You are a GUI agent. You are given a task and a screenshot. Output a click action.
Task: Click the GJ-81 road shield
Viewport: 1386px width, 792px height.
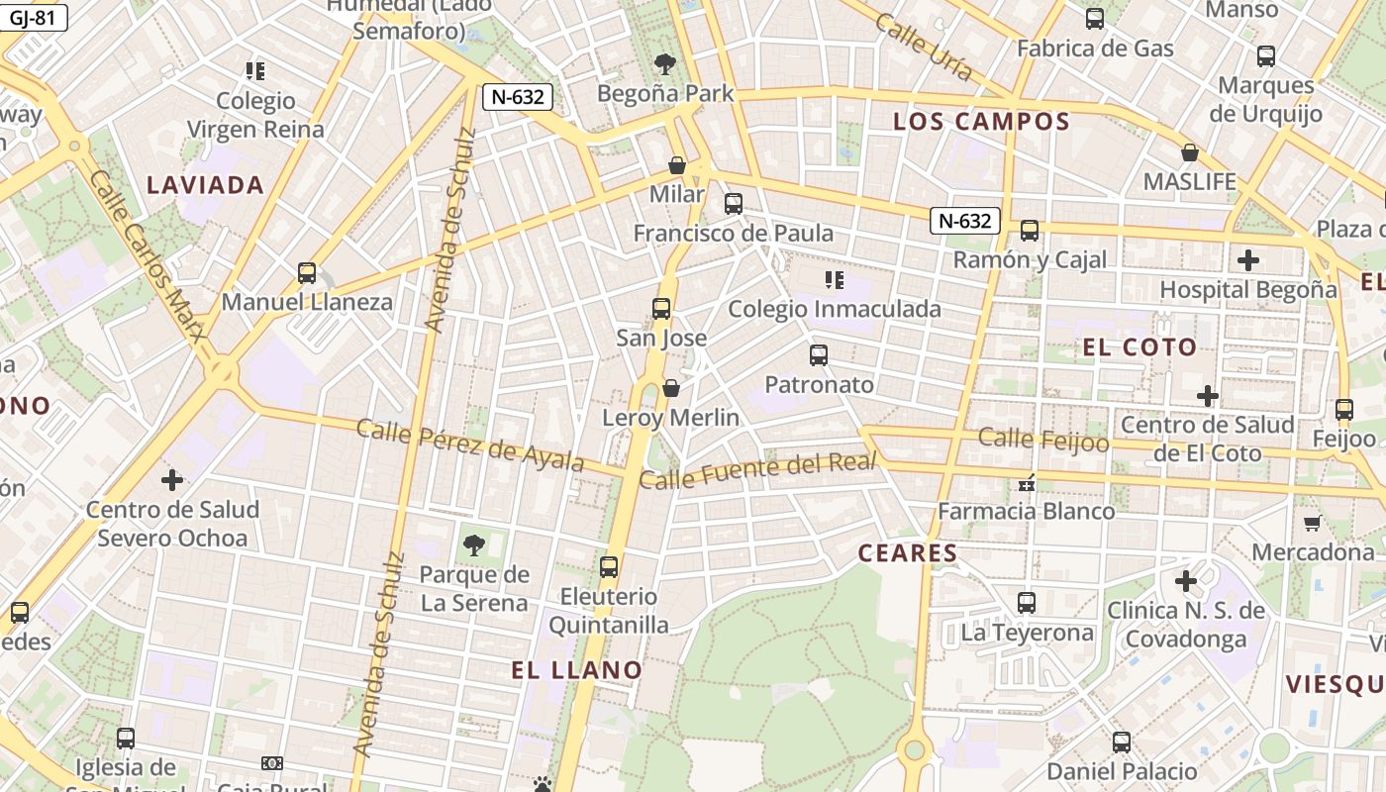tap(34, 17)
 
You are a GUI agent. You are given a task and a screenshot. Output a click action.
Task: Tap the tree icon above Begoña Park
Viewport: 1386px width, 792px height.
tap(665, 64)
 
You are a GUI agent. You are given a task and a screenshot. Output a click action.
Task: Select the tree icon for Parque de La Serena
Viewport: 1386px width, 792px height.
tap(473, 544)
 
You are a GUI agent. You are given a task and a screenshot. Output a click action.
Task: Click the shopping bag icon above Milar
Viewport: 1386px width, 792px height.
tap(677, 165)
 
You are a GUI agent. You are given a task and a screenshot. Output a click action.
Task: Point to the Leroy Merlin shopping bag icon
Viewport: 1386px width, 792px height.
tap(671, 388)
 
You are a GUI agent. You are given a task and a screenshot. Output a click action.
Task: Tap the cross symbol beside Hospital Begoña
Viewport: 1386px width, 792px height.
tap(1248, 260)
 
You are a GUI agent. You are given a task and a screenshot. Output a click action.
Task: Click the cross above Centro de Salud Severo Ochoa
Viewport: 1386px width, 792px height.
tap(172, 480)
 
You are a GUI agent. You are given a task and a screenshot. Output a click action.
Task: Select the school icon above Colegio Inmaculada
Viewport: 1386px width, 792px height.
tap(835, 280)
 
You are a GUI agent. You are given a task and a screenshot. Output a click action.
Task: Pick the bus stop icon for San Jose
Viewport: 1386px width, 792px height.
tap(661, 309)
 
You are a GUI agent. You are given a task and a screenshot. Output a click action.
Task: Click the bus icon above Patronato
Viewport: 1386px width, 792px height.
tap(819, 355)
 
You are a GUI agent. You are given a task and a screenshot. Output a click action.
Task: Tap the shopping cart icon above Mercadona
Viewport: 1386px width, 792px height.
tap(1313, 523)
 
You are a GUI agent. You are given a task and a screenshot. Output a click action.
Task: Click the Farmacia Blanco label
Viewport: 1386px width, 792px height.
tap(1026, 511)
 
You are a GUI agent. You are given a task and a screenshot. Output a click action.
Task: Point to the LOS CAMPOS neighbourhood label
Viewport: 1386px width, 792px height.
tap(981, 122)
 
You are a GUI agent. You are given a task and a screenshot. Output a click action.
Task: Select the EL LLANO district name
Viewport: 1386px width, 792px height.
tap(577, 670)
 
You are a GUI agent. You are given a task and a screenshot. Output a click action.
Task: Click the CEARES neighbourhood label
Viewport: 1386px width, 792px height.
tap(908, 553)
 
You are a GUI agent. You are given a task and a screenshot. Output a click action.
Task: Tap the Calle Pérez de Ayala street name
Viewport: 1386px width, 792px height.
tap(469, 445)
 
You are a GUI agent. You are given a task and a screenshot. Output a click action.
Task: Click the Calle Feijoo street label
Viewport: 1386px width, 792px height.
tap(1043, 439)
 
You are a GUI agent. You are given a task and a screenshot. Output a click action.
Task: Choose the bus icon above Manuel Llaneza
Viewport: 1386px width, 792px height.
tap(307, 272)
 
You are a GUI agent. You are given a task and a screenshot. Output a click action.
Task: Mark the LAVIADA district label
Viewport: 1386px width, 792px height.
tap(205, 185)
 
